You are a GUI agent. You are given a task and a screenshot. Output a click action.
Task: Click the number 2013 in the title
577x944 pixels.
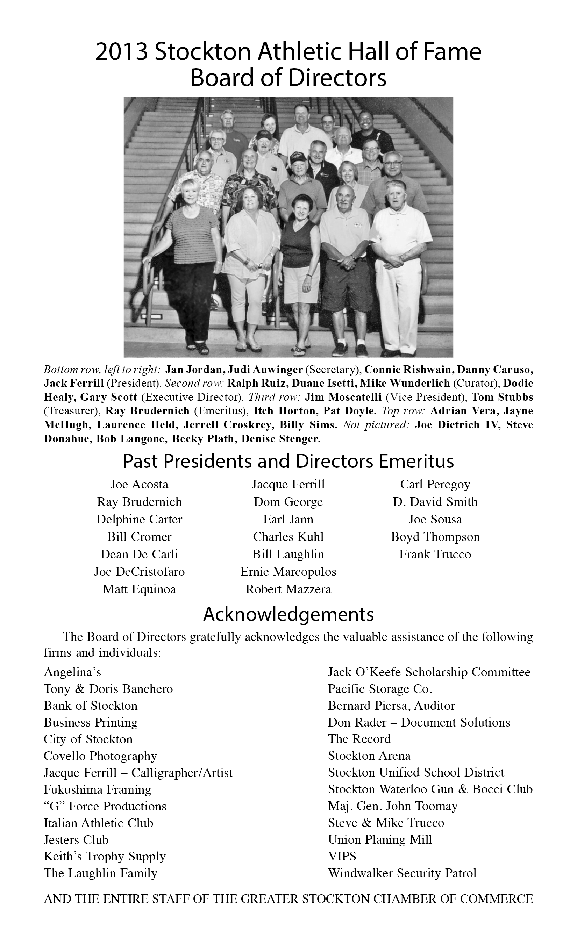click(x=121, y=52)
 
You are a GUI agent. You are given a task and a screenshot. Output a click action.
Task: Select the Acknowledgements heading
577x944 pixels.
click(x=288, y=615)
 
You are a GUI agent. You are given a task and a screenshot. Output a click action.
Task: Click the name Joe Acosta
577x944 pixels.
click(x=139, y=484)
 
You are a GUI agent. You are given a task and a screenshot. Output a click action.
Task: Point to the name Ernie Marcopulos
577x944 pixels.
click(x=288, y=572)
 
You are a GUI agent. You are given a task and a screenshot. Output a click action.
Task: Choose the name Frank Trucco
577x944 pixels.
click(x=435, y=555)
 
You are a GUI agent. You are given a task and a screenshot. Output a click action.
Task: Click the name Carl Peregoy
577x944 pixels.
click(x=435, y=484)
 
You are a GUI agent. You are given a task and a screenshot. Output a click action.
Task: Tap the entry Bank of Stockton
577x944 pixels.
click(x=91, y=706)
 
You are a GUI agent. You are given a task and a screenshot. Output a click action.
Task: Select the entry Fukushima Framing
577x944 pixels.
click(x=97, y=789)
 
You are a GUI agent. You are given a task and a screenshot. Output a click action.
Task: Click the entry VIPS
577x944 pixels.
click(x=342, y=856)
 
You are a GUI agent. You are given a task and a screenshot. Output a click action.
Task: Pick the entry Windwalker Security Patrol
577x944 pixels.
click(x=402, y=873)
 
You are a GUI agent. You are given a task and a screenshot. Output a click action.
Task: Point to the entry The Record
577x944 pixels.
click(x=359, y=739)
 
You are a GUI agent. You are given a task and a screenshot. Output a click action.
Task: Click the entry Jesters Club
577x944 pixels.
click(x=76, y=840)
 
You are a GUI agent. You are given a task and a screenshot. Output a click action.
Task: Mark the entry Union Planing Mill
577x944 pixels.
click(x=380, y=840)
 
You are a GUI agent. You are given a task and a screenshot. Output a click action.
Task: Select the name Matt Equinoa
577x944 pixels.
click(x=139, y=589)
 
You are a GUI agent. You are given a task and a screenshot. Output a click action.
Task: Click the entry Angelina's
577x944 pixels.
click(x=72, y=672)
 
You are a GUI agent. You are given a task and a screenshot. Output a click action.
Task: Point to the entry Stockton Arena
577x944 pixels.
click(x=369, y=756)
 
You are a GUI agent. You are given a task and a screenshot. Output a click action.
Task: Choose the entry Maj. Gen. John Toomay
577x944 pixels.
click(x=392, y=807)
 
